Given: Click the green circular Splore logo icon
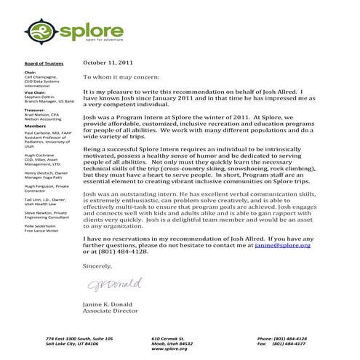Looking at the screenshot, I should [x=39, y=31].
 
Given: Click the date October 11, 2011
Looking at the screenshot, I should [x=108, y=63].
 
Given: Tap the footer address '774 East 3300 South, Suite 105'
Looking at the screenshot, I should [x=79, y=338].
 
